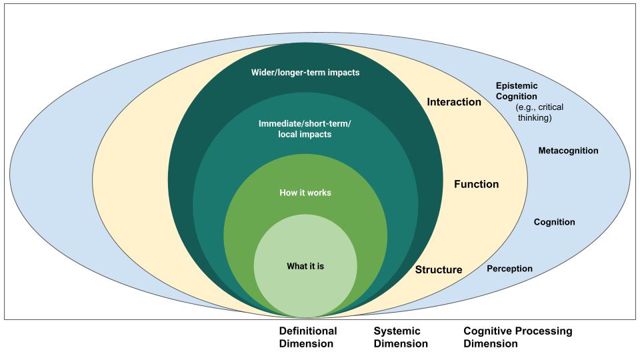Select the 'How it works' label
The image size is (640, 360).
click(x=305, y=193)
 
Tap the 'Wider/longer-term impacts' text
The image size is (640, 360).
click(x=305, y=72)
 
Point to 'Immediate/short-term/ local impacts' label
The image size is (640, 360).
click(x=305, y=129)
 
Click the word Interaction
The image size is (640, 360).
click(x=454, y=102)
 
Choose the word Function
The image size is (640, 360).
click(x=476, y=184)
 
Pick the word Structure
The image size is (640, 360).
click(x=439, y=270)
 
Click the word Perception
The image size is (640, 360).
click(x=509, y=269)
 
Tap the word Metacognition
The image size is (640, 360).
click(x=568, y=151)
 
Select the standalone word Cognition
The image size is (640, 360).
click(x=554, y=222)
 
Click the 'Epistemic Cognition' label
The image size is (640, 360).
click(x=517, y=91)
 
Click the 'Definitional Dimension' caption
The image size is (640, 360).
click(x=307, y=337)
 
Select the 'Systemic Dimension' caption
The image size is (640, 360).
click(x=400, y=337)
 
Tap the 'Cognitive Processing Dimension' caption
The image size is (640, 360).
click(x=517, y=337)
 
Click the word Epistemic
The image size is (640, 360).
click(x=517, y=86)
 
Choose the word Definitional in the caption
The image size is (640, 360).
click(x=307, y=331)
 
